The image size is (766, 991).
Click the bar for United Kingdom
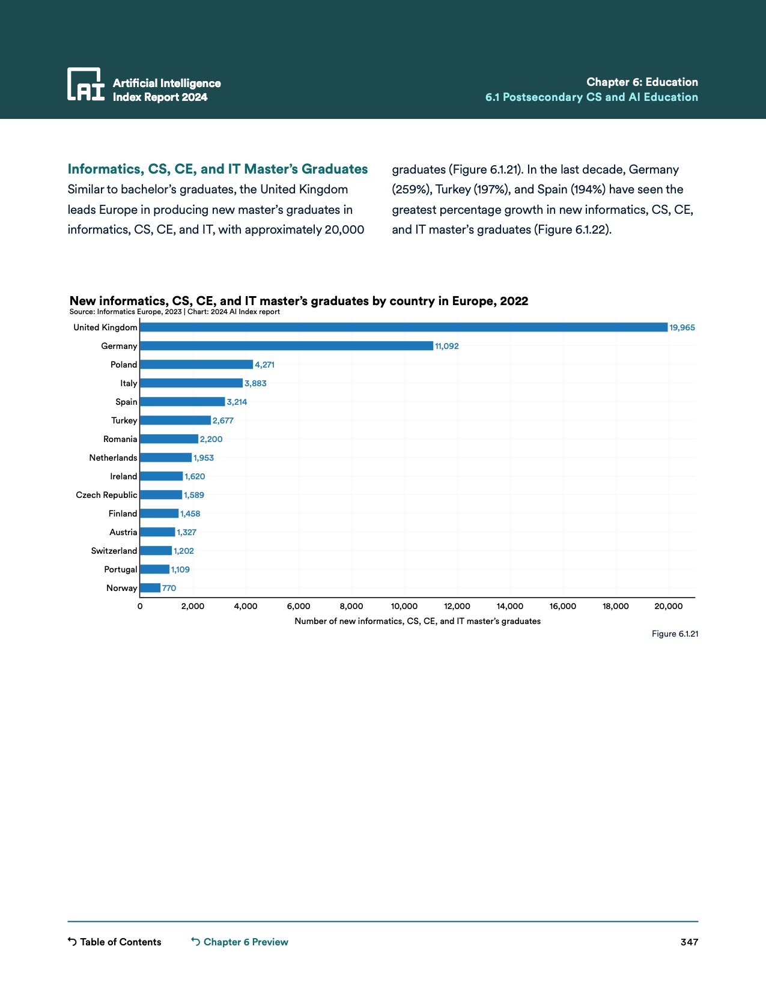click(x=403, y=327)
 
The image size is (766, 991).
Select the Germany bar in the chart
click(x=286, y=346)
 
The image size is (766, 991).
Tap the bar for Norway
click(x=150, y=588)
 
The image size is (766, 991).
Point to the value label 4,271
click(x=264, y=365)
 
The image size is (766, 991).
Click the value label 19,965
click(x=682, y=327)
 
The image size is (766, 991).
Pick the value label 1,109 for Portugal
click(x=180, y=569)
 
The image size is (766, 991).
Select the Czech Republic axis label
click(x=106, y=495)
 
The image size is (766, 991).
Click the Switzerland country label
click(x=114, y=551)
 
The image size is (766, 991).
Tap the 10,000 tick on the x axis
click(x=404, y=606)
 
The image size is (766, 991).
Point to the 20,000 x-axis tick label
click(x=668, y=606)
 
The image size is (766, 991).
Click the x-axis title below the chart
click(x=418, y=621)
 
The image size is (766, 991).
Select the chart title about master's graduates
click(x=299, y=301)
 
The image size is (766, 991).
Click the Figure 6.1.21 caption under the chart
click(x=675, y=634)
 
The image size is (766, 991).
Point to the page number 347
click(x=689, y=942)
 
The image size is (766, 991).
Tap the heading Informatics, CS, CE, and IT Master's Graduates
click(x=217, y=169)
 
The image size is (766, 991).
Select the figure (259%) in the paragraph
click(x=412, y=189)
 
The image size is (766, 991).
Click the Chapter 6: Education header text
click(x=642, y=82)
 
